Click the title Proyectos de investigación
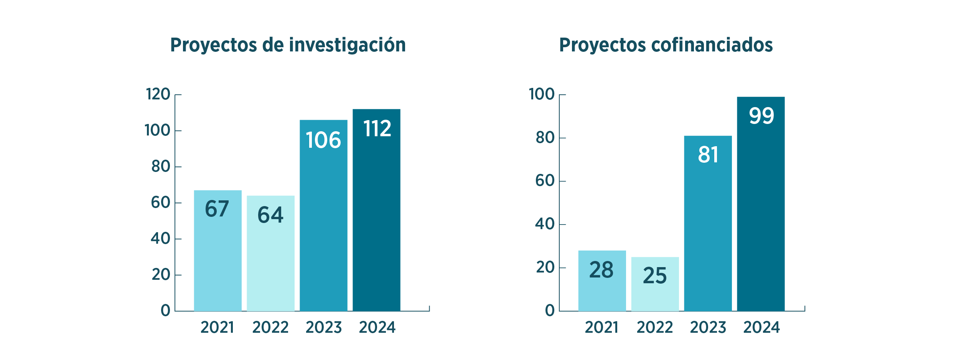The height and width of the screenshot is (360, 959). coord(288,45)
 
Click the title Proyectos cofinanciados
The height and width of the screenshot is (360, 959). coord(666,45)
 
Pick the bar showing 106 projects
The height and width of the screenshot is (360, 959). coord(323,215)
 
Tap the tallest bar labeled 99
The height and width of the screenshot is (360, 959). coord(761,204)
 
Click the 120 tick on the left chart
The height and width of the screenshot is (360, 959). coord(158,94)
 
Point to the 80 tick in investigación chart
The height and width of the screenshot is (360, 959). coord(161,167)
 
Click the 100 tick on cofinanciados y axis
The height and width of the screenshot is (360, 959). coord(542,94)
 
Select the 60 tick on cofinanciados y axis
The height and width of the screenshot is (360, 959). coord(545,181)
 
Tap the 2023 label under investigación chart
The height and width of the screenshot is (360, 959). coord(323,327)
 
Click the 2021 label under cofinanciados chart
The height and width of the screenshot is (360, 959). coord(601,327)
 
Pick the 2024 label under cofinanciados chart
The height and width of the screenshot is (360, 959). coord(761,327)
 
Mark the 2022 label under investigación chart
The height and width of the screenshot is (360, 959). coord(270,327)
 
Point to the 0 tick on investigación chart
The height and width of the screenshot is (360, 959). coord(165,310)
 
